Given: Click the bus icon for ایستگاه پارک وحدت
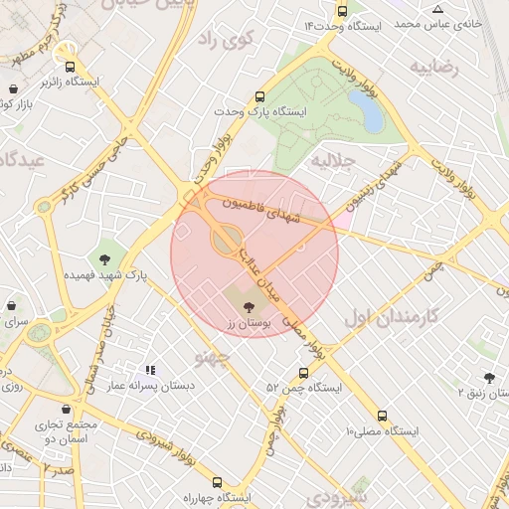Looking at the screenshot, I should click(259, 97).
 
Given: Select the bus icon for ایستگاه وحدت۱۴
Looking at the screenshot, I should click(343, 12).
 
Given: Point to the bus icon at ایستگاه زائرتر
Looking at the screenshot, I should click(69, 67).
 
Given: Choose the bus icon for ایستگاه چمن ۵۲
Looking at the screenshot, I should click(303, 374).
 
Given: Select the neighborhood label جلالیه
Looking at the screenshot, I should click(333, 160).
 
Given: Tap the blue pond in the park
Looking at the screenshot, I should click(371, 115).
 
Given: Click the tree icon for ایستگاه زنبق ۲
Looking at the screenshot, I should click(488, 378).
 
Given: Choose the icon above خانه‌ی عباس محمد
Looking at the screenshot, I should click(437, 9).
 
